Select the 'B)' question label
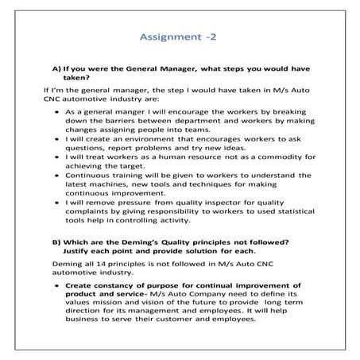pyautogui.click(x=55, y=242)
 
